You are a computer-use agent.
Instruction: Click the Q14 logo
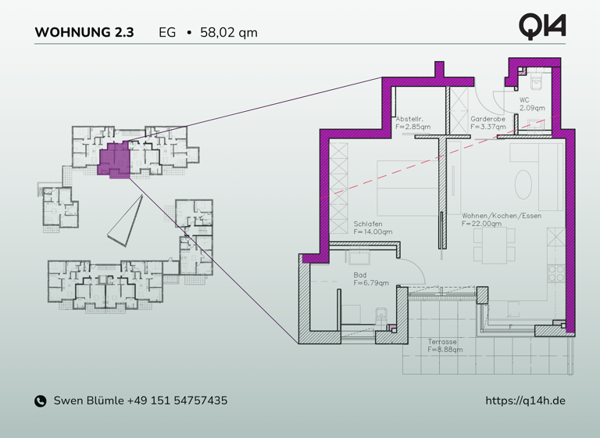(542, 26)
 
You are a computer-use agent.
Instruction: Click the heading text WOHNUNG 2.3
(84, 33)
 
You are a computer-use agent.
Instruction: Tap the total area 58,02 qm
(229, 33)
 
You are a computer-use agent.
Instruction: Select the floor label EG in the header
(167, 33)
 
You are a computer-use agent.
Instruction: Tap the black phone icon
(41, 401)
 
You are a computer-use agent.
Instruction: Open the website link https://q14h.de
(525, 400)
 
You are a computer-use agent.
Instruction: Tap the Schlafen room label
(367, 223)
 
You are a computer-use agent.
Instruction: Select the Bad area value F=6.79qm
(371, 283)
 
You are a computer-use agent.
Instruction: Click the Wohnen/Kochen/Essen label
(501, 215)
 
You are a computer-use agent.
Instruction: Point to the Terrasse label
(442, 342)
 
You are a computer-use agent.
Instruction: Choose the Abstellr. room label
(409, 117)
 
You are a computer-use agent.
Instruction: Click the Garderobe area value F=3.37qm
(487, 126)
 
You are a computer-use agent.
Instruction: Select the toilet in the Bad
(381, 317)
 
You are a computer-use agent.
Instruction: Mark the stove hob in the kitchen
(555, 274)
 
